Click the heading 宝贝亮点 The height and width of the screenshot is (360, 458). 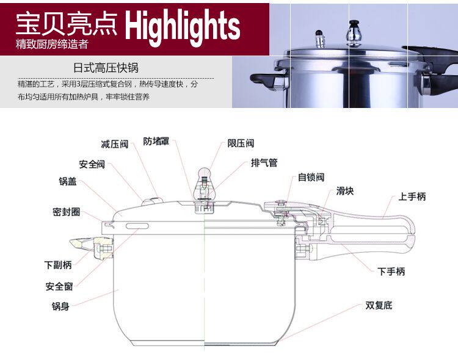pos(67,23)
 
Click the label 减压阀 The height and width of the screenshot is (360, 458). pos(114,144)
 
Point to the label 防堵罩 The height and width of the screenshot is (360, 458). pos(157,141)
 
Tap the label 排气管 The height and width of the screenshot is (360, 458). pos(264,163)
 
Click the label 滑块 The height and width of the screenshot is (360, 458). pos(345,191)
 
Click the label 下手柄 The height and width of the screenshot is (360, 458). pos(391,272)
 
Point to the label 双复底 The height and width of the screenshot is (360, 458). pos(379,305)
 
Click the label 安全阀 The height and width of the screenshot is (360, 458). pos(92,165)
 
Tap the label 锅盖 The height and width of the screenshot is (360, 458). pos(68,181)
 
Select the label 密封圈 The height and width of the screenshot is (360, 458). pos(66,212)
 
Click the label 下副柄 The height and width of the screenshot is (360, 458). pos(58,265)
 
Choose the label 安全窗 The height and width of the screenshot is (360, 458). pos(59,286)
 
